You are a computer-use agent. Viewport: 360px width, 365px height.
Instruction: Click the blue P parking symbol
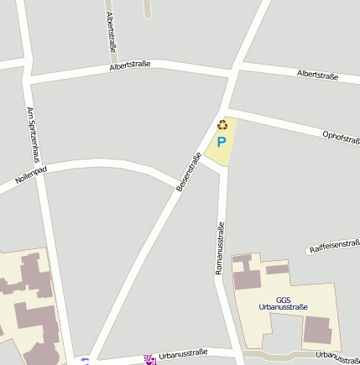click(222, 143)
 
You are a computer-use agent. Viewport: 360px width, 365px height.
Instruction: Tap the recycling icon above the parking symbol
click(222, 125)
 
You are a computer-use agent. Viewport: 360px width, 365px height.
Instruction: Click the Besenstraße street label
click(189, 177)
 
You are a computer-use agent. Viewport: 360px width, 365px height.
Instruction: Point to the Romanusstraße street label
click(220, 248)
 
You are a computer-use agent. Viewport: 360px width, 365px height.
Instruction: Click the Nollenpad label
click(31, 175)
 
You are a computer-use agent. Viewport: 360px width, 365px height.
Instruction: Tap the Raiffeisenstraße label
click(334, 246)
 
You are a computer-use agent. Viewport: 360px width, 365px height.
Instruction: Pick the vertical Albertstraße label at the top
click(111, 33)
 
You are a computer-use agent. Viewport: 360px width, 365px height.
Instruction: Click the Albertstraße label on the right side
click(317, 76)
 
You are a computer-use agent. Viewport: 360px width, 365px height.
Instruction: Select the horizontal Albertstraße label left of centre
click(129, 65)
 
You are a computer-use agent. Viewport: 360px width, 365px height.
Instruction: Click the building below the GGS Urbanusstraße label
click(316, 329)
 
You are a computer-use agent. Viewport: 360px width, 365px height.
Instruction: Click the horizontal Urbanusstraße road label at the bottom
click(183, 354)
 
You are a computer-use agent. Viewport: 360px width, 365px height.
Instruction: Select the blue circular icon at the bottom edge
click(84, 362)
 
